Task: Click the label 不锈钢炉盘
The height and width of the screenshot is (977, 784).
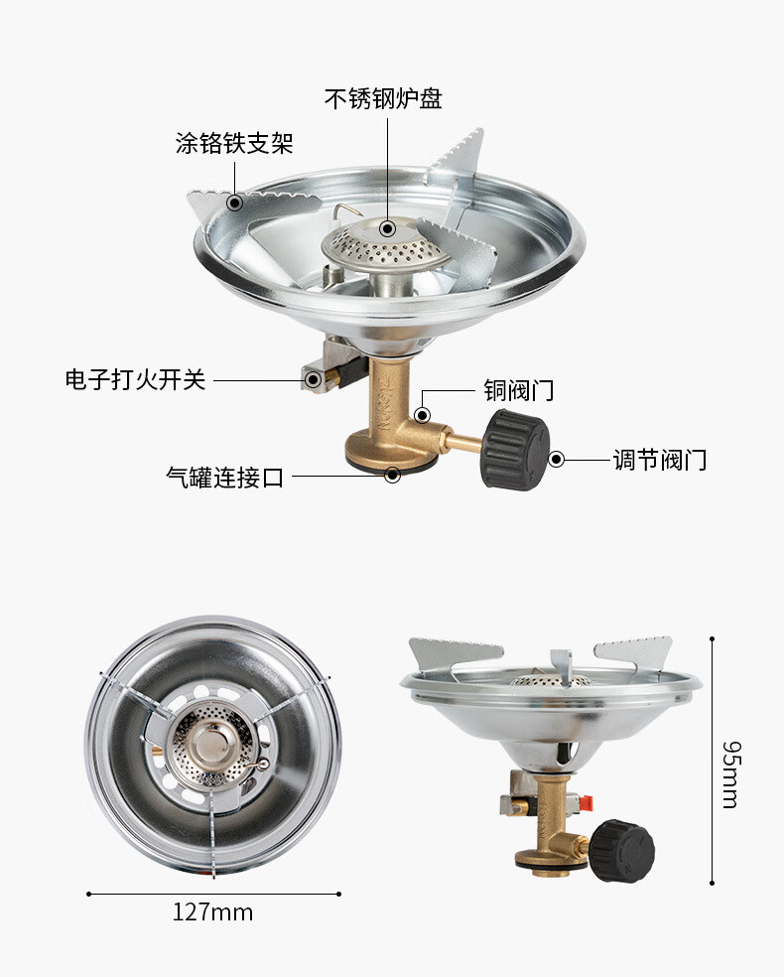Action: click(383, 99)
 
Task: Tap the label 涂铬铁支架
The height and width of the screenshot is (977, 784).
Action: click(234, 144)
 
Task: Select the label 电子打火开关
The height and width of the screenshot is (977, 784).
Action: click(135, 379)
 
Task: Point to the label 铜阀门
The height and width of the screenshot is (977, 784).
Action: click(518, 390)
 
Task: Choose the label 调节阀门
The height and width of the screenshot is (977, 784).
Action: click(659, 460)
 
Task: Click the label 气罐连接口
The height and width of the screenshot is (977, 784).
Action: click(224, 477)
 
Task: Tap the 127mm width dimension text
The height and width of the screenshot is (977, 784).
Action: click(212, 911)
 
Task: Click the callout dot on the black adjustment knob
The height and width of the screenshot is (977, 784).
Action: click(557, 460)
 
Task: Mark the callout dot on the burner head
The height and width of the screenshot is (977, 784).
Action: click(387, 229)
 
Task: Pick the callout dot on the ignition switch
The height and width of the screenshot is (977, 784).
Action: click(312, 379)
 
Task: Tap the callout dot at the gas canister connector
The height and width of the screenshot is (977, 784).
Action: click(393, 476)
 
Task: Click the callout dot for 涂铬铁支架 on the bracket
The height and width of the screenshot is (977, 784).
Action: click(234, 204)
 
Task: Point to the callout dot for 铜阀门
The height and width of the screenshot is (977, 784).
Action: click(423, 416)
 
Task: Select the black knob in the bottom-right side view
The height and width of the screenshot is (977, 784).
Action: click(622, 850)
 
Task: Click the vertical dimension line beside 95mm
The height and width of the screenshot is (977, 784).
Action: click(712, 761)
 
